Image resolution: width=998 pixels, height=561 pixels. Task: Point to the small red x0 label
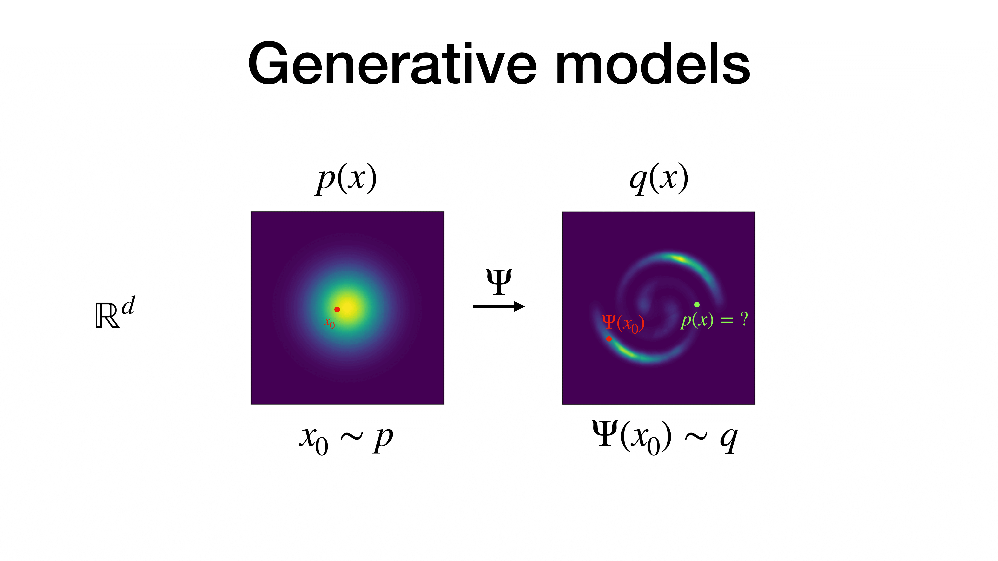point(329,323)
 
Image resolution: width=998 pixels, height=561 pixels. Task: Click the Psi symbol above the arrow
point(499,281)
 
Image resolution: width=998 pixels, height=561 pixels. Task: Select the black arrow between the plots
point(499,307)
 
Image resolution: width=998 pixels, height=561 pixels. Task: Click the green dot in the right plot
point(697,305)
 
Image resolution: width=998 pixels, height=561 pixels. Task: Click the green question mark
point(744,319)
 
